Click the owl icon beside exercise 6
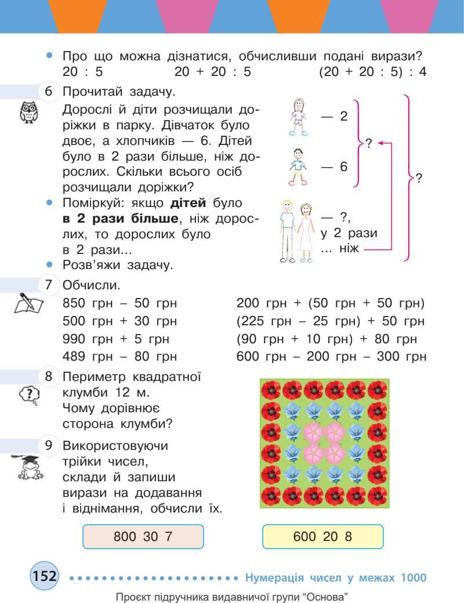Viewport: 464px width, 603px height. pos(27,112)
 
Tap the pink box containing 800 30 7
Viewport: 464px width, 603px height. pos(144,536)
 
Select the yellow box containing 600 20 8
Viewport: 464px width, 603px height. pos(323,536)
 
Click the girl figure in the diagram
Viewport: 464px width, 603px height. pos(299,116)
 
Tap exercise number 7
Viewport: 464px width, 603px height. pos(49,285)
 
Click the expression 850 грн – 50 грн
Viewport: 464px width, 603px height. pos(119,303)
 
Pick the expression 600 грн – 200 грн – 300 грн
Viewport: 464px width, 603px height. pos(331,356)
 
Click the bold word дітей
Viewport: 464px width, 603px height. pos(188,204)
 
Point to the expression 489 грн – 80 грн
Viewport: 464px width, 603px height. pos(119,356)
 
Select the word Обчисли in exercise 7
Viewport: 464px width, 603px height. pos(91,286)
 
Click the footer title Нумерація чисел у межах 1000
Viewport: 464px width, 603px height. pos(336,577)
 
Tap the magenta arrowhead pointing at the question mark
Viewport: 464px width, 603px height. pos(381,143)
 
